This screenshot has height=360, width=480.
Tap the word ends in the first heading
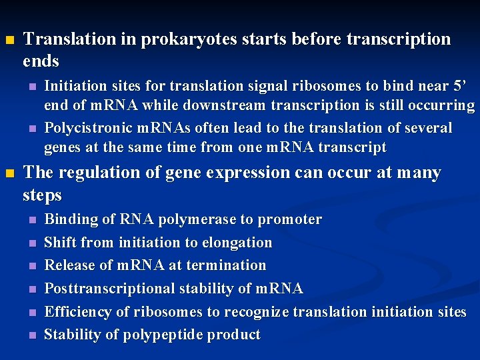41,62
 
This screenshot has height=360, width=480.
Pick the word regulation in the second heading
95,173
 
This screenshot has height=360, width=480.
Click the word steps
42,196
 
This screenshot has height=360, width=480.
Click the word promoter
289,220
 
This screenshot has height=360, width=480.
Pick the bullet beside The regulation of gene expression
9,174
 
